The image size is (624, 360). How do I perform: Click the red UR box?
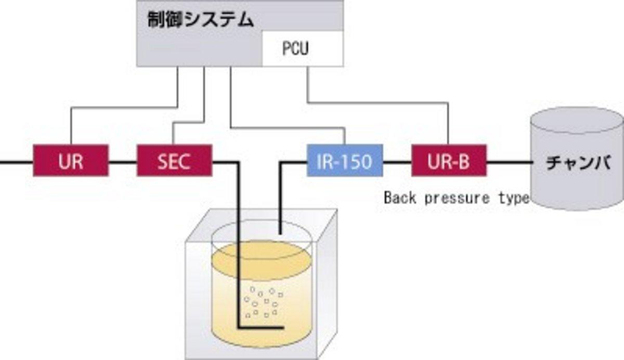click(71, 161)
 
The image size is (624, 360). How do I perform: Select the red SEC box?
click(174, 161)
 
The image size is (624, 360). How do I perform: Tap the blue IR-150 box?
click(344, 161)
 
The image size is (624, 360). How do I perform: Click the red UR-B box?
click(449, 161)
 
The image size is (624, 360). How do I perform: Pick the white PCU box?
click(302, 49)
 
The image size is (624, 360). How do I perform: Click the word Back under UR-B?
click(400, 198)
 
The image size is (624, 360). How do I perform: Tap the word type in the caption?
click(512, 198)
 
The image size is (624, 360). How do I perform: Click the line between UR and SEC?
click(122, 162)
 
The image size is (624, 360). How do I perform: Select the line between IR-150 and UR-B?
click(397, 162)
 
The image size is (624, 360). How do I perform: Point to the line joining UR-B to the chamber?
click(508, 162)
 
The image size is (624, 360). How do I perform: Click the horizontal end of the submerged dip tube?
click(260, 328)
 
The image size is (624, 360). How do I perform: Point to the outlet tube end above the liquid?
click(281, 229)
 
